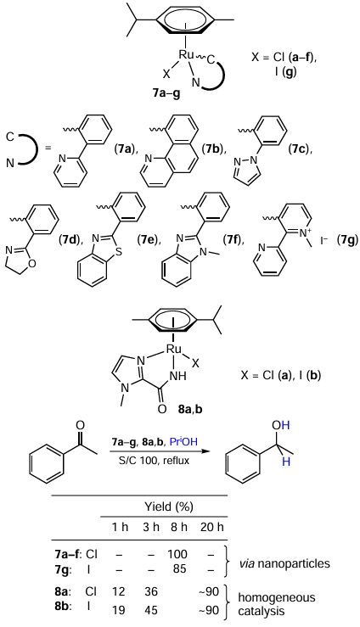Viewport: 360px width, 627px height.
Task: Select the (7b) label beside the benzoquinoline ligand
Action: [212, 150]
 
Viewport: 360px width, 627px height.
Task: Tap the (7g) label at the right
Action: [347, 240]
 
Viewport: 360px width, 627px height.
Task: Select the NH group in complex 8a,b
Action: [178, 376]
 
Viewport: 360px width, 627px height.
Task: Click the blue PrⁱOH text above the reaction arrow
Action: [183, 442]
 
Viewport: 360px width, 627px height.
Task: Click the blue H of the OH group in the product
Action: [285, 425]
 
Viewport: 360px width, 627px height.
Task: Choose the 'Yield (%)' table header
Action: [168, 507]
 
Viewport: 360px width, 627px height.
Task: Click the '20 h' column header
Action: [212, 527]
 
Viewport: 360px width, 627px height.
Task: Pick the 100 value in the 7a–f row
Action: [177, 554]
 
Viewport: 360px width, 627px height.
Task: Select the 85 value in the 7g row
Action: [180, 568]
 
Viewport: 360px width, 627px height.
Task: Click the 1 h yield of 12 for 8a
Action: [119, 591]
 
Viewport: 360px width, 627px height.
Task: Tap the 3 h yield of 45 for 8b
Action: [151, 610]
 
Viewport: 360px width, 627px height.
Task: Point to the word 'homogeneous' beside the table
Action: [277, 597]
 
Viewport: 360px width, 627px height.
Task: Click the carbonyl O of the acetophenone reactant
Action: [80, 425]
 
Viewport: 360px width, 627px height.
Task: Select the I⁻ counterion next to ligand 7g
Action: [324, 241]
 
